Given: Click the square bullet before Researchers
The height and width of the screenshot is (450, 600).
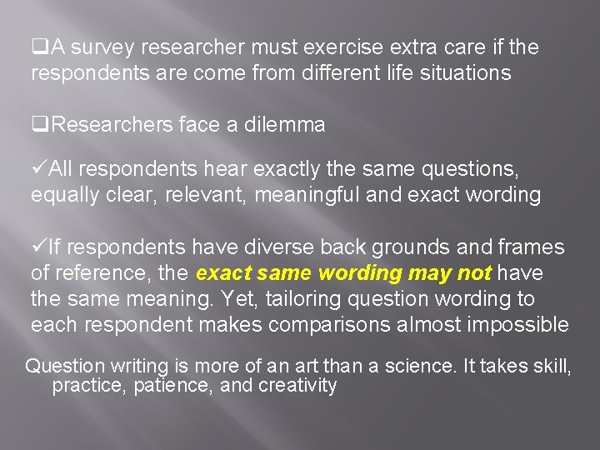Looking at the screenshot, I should pos(37,126).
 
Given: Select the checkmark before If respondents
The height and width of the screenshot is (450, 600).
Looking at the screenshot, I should pos(38,247).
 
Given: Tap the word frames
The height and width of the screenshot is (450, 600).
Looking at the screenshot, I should pos(534,247).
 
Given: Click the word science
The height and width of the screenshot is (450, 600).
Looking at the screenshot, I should pos(399,365).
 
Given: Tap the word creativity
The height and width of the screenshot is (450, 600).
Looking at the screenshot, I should pos(297,385).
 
